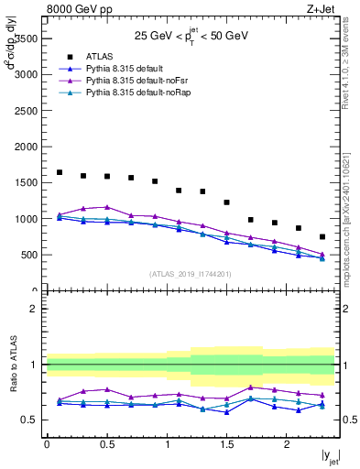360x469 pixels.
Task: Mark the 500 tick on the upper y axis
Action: pyautogui.click(x=29, y=255)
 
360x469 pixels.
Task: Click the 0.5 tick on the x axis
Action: pyautogui.click(x=106, y=444)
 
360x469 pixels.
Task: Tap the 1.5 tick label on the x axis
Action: pyautogui.click(x=226, y=444)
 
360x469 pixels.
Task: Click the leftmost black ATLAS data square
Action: pyautogui.click(x=60, y=172)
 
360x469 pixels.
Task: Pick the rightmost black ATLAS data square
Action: pyautogui.click(x=322, y=236)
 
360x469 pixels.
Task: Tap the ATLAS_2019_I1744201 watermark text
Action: pyautogui.click(x=191, y=273)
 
